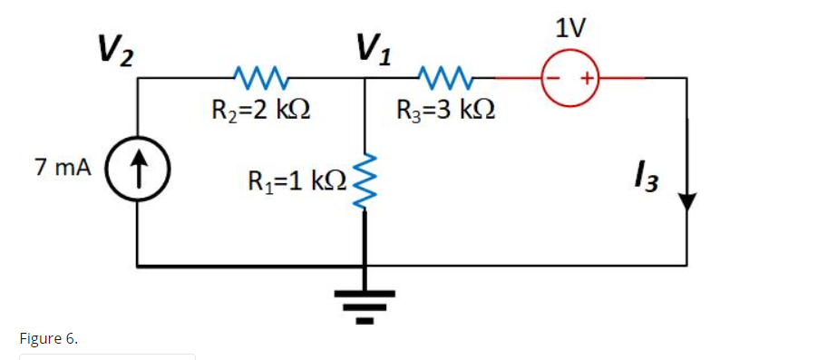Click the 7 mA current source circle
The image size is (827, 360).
coord(137,170)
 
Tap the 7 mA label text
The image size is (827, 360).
coord(62,168)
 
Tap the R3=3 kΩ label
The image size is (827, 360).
coord(445,112)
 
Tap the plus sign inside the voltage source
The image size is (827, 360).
coord(587,79)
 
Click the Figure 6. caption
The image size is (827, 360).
coord(48,338)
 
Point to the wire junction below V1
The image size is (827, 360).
coord(365,79)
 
